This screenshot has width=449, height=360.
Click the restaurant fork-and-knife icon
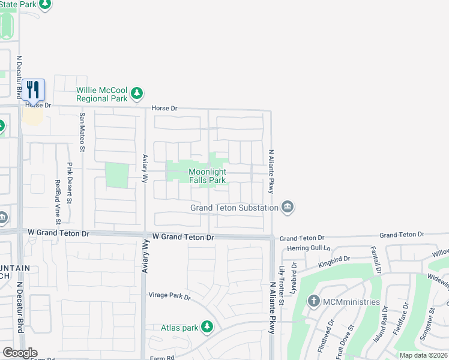pos(34,90)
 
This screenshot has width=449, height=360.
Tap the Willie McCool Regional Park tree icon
pos(138,93)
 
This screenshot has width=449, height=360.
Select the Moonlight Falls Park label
pos(207,175)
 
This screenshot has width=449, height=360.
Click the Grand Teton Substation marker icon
pos(288,207)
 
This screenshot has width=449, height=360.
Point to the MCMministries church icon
pos(314,301)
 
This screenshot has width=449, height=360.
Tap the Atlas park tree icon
pos(207,327)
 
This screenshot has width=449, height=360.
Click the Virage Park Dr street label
pos(169,296)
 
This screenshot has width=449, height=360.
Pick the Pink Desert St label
pos(70,182)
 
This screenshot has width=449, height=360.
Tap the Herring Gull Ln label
pos(309,248)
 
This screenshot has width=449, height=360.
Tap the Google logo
pos(20,353)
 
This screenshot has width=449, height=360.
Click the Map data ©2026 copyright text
pos(423,355)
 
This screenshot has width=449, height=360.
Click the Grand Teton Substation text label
pos(235,208)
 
